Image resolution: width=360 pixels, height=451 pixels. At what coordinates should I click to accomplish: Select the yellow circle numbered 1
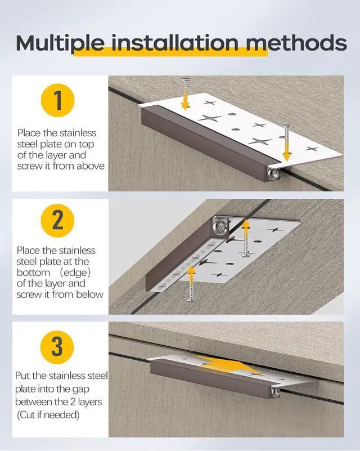tap(58, 100)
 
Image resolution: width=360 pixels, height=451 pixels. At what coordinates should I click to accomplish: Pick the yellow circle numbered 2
tap(57, 220)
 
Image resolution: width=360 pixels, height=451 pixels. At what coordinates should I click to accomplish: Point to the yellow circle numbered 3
tap(57, 347)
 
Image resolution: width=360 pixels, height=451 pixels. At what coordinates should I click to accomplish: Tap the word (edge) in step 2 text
tap(75, 273)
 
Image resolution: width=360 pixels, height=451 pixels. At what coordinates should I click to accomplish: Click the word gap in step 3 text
tap(81, 390)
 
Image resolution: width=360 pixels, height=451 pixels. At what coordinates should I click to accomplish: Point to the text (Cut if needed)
tap(48, 415)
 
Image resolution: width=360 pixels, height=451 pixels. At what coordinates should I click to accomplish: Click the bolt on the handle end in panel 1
tap(272, 173)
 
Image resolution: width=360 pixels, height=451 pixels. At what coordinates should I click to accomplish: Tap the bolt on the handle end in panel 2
tap(220, 225)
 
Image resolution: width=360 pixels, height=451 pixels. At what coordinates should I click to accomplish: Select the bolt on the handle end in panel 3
tap(276, 391)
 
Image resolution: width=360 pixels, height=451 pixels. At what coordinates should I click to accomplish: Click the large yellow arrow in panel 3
tap(224, 364)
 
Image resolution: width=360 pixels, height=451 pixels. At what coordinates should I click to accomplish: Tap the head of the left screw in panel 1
tap(186, 79)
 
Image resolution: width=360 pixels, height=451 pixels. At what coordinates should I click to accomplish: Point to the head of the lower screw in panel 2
tap(192, 300)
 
